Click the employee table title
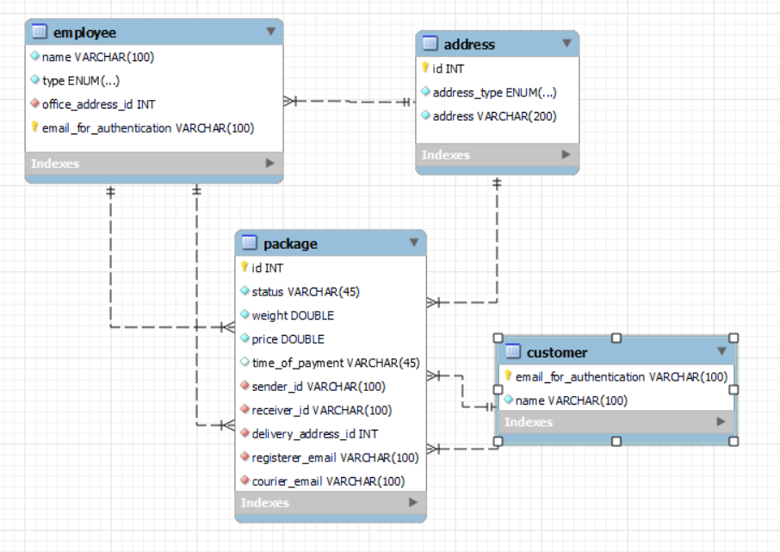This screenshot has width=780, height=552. [x=84, y=33]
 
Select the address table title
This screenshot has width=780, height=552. [x=469, y=44]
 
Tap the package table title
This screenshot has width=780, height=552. [x=290, y=244]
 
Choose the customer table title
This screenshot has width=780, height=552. [x=557, y=352]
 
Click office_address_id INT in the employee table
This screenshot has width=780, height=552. [x=98, y=104]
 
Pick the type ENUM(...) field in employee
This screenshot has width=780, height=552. [x=80, y=81]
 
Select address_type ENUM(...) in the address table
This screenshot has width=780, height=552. [x=494, y=92]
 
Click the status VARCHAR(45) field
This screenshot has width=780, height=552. [x=306, y=292]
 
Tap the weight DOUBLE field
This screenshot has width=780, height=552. [x=293, y=315]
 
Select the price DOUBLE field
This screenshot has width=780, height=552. [x=288, y=339]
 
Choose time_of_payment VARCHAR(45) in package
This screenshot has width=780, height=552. [x=335, y=363]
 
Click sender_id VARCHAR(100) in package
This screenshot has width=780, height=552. [x=319, y=387]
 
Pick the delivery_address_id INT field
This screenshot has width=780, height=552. [x=314, y=434]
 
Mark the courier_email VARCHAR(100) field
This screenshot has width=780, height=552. [x=328, y=481]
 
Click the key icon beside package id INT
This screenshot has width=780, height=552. [x=245, y=268]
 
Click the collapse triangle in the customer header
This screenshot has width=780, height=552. [x=721, y=351]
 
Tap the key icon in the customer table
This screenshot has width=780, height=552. [x=508, y=376]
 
